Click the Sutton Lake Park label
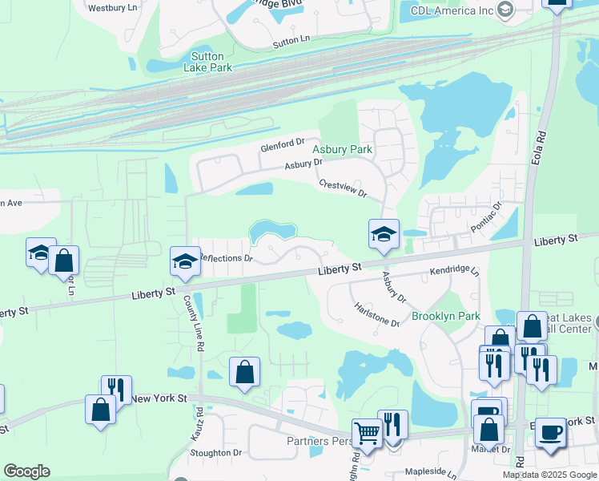click(211, 62)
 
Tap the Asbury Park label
click(342, 149)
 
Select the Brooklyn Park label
click(446, 316)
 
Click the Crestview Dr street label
click(342, 188)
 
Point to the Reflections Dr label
click(225, 258)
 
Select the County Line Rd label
click(193, 321)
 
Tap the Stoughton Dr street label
click(215, 453)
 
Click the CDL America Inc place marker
click(505, 10)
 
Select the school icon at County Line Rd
click(185, 261)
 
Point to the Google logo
click(26, 471)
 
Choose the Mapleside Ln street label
click(435, 474)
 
